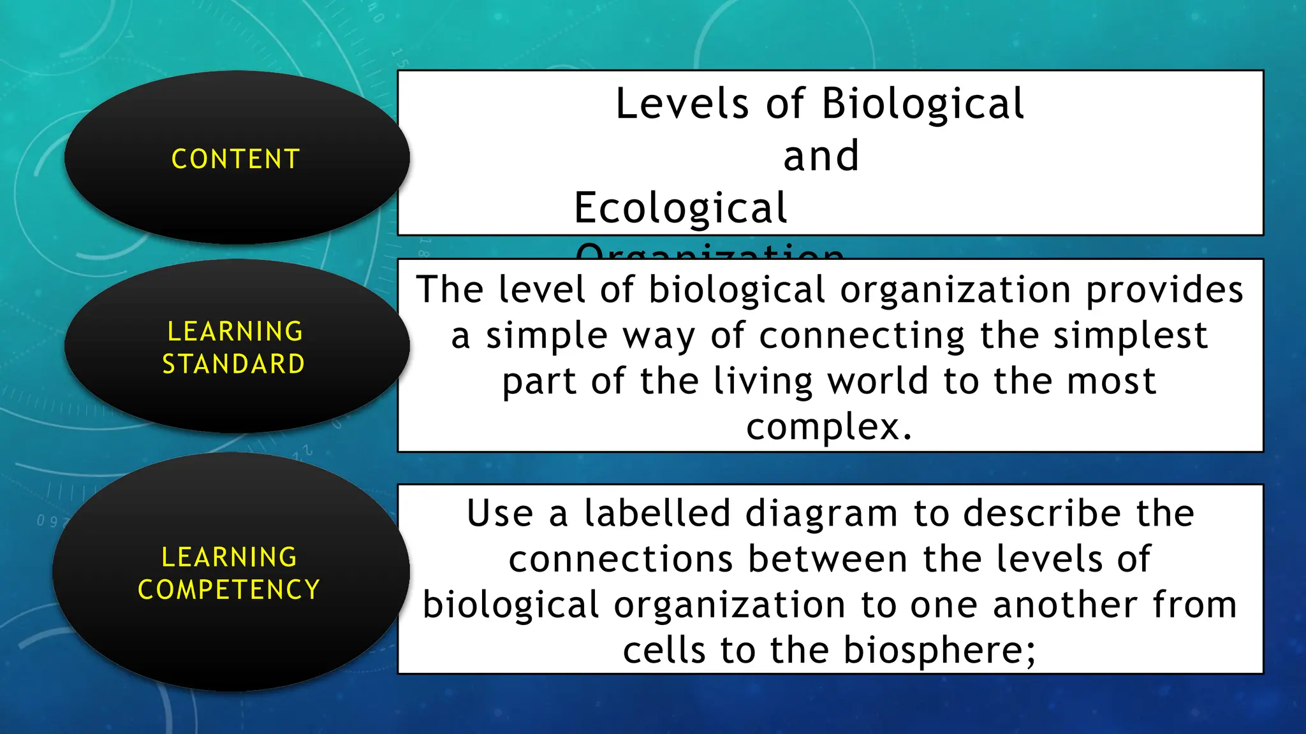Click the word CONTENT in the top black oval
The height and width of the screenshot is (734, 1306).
235,159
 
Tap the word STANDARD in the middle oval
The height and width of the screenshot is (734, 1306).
233,364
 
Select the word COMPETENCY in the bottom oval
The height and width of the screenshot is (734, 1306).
228,589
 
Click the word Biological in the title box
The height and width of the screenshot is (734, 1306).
923,104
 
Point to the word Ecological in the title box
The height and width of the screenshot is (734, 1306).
680,208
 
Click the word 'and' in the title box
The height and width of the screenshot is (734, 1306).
821,156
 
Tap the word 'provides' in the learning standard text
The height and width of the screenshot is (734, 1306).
1164,290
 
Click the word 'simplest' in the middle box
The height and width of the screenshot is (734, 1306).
1130,336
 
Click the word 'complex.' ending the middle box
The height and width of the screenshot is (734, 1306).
829,426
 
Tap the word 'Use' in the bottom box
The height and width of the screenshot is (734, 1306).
500,514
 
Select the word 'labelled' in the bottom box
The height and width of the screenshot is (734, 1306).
657,514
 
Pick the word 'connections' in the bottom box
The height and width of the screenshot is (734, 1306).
620,559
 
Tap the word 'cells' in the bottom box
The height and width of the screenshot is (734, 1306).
663,651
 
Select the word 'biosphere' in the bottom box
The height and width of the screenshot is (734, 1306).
932,651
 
